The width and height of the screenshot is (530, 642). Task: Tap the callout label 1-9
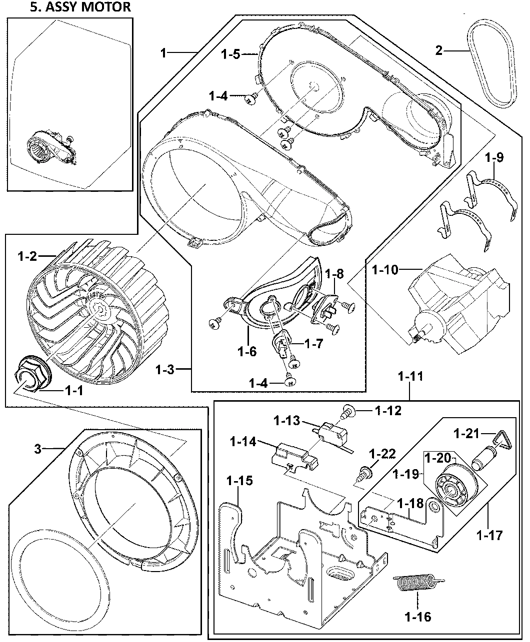(x=494, y=157)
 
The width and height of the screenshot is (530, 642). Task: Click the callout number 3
(x=37, y=449)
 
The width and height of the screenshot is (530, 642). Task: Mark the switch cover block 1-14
(x=294, y=456)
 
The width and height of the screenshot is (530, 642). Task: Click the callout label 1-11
(x=410, y=376)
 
